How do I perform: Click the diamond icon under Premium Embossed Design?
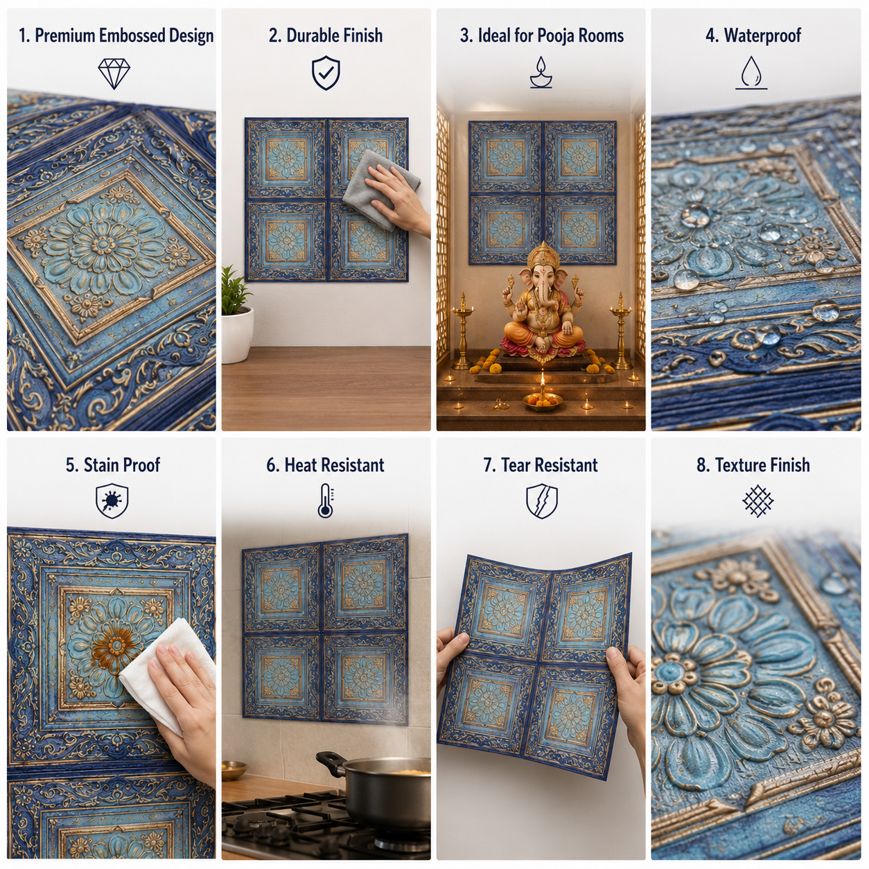114,73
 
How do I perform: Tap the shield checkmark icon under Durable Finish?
326,73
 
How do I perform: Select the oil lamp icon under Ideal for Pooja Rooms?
541,72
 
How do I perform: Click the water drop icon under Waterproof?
751,73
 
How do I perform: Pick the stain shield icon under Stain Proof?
112,500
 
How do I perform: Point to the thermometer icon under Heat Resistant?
326,500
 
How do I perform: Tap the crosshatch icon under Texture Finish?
757,501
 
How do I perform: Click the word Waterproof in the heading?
762,35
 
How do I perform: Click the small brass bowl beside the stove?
234,770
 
